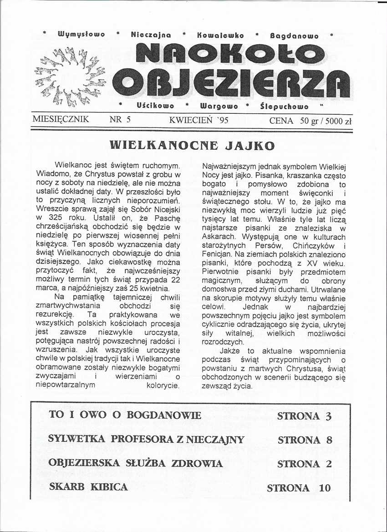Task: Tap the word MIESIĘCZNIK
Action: click(61, 120)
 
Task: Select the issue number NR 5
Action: click(120, 120)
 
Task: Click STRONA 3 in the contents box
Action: click(305, 416)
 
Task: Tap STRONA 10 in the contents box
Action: click(299, 488)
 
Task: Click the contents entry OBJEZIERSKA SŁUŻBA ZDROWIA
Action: click(136, 464)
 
